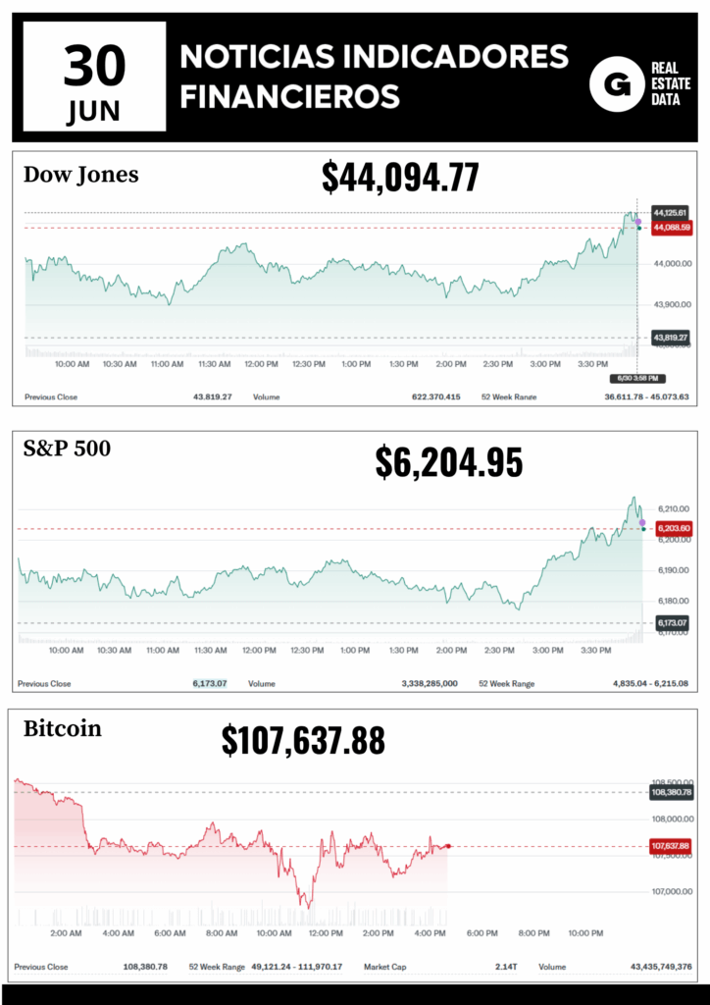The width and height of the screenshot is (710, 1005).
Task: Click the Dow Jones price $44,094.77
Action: click(400, 178)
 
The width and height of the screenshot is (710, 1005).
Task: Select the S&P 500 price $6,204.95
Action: click(449, 461)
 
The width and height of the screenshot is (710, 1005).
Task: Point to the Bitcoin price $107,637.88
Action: click(303, 741)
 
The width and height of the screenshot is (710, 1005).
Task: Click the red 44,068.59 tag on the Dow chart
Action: click(672, 228)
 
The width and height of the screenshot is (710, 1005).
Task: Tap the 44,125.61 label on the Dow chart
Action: click(671, 212)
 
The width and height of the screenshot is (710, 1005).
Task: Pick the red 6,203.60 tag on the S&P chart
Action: click(672, 529)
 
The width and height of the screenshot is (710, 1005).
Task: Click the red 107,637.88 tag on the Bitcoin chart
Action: click(671, 846)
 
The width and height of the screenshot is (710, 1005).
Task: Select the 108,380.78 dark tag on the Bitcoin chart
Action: click(671, 792)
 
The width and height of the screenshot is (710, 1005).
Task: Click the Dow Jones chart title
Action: click(80, 175)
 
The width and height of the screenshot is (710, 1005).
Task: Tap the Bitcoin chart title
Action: click(62, 729)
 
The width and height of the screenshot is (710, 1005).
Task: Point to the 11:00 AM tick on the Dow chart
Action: click(167, 364)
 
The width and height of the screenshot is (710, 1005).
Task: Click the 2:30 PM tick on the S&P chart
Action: click(498, 650)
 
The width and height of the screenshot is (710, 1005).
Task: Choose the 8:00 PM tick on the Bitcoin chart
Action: click(533, 933)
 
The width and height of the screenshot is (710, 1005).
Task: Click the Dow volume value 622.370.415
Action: click(435, 397)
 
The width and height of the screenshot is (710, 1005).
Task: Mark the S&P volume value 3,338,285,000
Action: click(430, 683)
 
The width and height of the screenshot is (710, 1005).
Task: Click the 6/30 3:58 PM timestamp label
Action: click(638, 378)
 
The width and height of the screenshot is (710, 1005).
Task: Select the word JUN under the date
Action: click(94, 113)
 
